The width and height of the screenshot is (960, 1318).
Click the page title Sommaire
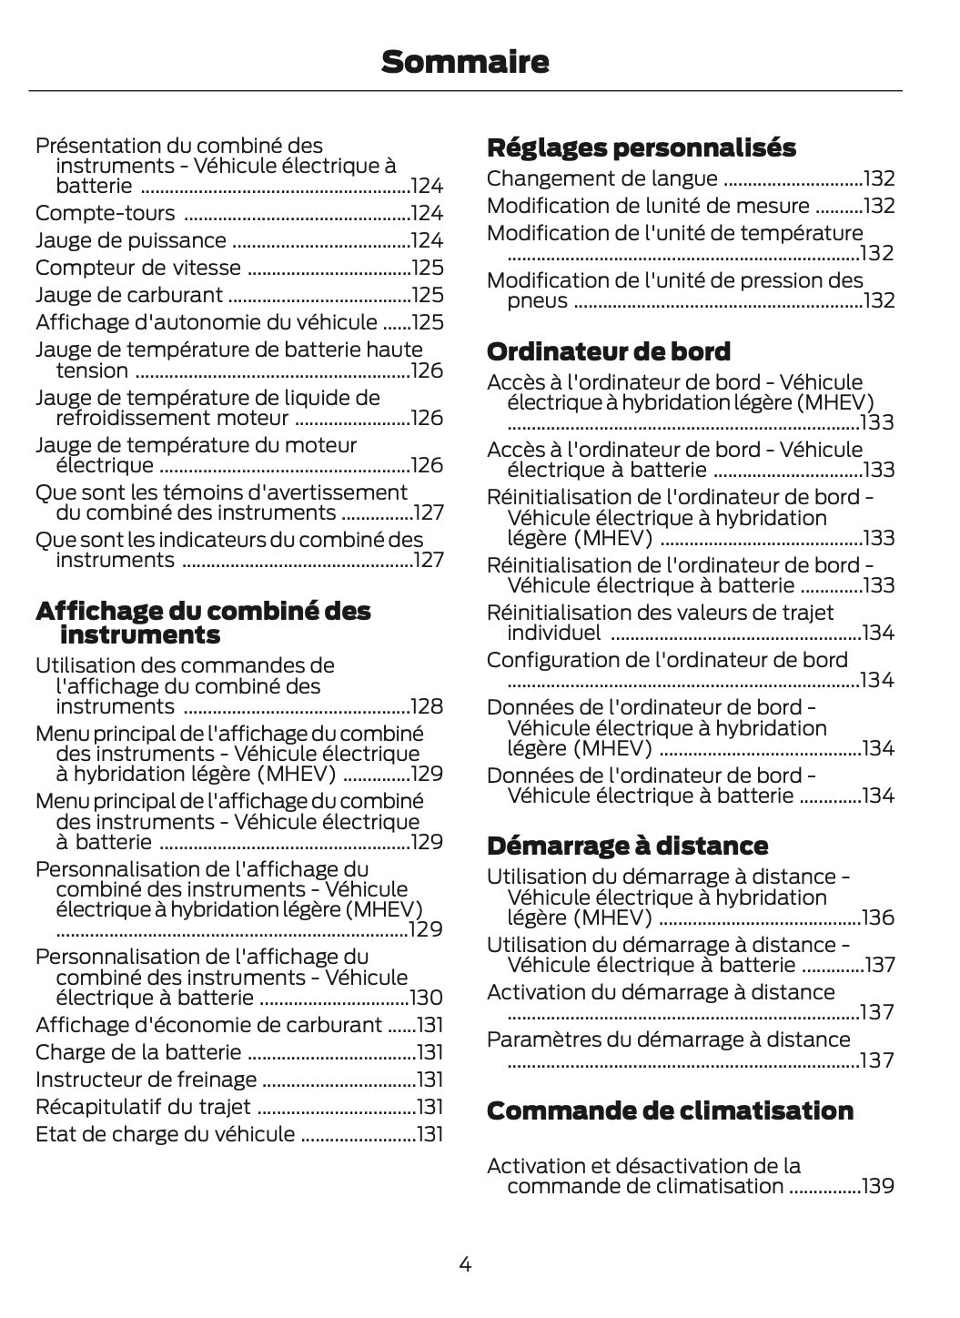point(465,62)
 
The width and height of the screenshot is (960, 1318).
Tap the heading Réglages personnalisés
point(641,147)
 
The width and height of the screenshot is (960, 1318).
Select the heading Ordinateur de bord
point(608,351)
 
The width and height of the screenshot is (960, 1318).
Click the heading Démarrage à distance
point(627,846)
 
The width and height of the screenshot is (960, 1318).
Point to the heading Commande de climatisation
point(670,1110)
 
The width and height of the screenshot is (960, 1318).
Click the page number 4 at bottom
point(465,1263)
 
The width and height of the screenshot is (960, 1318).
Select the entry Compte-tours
point(105,213)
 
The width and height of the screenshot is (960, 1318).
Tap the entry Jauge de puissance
point(130,240)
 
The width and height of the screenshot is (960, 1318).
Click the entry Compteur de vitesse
point(137,268)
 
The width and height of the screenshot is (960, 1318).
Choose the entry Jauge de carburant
point(128,295)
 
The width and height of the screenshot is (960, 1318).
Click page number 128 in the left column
point(427,707)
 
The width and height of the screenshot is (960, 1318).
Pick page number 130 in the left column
point(426,999)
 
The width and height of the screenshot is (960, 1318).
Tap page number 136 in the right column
point(878,918)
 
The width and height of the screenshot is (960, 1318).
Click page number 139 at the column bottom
point(878,1186)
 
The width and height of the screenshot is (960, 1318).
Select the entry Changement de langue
point(601,178)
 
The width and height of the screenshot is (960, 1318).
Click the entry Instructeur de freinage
point(146,1080)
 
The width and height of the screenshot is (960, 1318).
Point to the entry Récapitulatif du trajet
point(142,1107)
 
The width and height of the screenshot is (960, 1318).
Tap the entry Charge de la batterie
point(138,1052)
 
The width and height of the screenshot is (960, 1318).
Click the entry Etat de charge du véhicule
point(165,1134)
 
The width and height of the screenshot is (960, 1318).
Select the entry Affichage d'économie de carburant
point(208,1025)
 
